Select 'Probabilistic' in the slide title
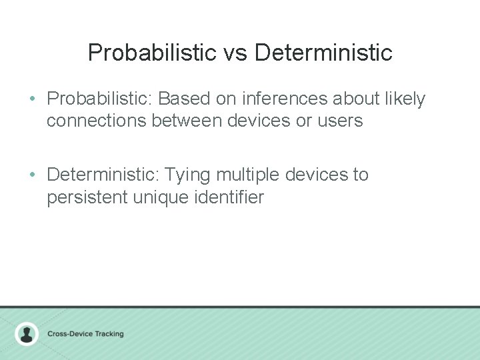(153, 53)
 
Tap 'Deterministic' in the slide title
(323, 53)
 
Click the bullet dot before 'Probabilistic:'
(33, 99)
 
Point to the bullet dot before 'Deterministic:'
(33, 175)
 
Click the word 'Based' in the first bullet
(184, 99)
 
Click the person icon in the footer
(27, 333)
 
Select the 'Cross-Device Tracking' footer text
(85, 333)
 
